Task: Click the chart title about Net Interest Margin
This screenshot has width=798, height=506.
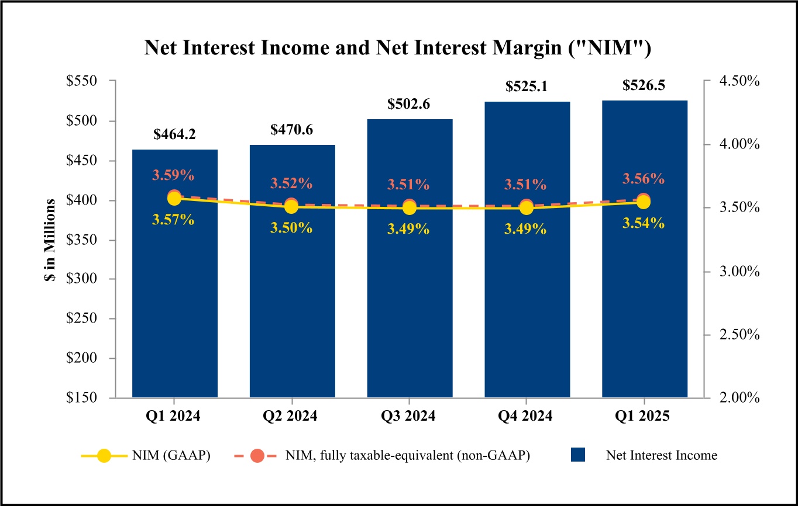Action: click(x=398, y=48)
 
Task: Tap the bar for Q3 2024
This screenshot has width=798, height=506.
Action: click(x=410, y=304)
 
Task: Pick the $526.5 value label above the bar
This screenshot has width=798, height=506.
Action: click(x=644, y=85)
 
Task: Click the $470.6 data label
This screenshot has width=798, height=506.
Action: click(x=292, y=130)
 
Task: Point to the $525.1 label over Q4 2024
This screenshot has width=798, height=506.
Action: click(x=527, y=86)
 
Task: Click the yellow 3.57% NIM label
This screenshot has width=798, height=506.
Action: click(x=174, y=220)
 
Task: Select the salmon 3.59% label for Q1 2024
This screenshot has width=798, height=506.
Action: click(x=174, y=175)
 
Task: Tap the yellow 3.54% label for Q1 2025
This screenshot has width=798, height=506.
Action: click(x=643, y=223)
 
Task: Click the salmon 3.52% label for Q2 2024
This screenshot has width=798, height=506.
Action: click(x=291, y=183)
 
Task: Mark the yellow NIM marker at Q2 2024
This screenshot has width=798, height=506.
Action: click(x=292, y=207)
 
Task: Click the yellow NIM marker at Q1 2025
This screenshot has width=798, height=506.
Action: click(x=644, y=202)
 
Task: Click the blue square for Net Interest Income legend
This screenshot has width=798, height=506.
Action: click(x=578, y=456)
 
